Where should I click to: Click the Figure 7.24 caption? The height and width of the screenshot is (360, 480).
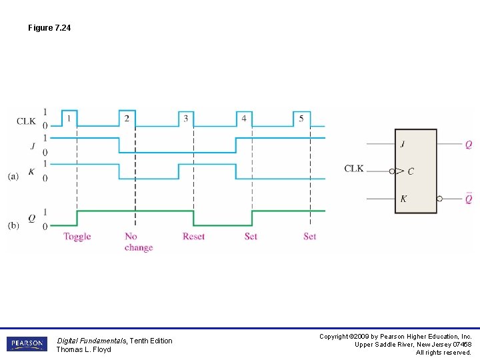pos(49,28)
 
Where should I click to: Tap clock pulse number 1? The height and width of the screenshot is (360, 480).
pos(69,119)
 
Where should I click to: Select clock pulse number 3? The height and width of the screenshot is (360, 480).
pos(185,119)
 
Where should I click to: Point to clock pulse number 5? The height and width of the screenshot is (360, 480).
pos(301,119)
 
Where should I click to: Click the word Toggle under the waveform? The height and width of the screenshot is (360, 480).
pos(77,237)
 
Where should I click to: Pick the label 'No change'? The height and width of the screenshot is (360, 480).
pos(138,242)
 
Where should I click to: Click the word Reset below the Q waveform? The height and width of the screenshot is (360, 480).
pos(193,237)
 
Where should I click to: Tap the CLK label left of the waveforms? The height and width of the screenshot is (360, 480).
pos(27,121)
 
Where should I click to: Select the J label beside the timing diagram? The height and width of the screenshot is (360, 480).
pos(32,145)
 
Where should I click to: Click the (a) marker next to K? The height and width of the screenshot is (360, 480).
pos(13,176)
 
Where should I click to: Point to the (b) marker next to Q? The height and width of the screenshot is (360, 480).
pos(13,225)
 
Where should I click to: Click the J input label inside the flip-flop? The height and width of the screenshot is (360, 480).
pos(403,144)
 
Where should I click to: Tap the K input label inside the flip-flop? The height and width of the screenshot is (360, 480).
pos(404,199)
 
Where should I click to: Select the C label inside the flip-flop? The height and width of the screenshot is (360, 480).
pos(410,171)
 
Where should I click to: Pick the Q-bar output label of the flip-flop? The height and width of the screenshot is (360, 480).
pos(469,198)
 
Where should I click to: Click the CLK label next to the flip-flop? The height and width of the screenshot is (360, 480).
pos(354,169)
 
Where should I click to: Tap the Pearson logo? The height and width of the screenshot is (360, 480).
pos(27,345)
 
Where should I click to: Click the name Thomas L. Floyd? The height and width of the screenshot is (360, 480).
pos(83,350)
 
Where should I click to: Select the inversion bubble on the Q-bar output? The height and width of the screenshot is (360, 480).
pos(439,199)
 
